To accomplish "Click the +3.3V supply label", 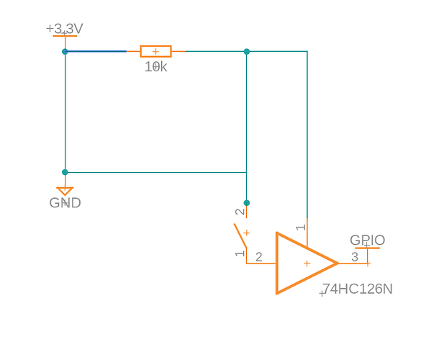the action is click(65, 29).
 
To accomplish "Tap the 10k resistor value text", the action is click(156, 67).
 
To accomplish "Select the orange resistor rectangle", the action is click(155, 51).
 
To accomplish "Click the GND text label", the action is click(65, 203).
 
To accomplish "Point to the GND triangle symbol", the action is click(65, 191).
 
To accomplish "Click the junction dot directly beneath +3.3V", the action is click(65, 52).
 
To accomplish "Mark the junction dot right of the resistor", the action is click(247, 52).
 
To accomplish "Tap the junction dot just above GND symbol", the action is click(65, 172).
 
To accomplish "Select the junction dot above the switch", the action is click(247, 203).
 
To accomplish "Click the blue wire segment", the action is click(96, 51).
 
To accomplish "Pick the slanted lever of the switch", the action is click(240, 235).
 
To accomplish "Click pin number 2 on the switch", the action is click(240, 212).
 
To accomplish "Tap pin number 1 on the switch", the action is click(240, 253).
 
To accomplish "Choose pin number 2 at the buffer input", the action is click(259, 257).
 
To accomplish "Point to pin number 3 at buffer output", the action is click(355, 257).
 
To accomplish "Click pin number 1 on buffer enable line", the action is click(301, 228).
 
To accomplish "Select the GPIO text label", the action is click(367, 240).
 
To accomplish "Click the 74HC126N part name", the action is click(358, 289).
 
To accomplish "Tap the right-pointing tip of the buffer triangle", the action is click(338, 264).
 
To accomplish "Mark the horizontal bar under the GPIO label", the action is click(367, 248).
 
